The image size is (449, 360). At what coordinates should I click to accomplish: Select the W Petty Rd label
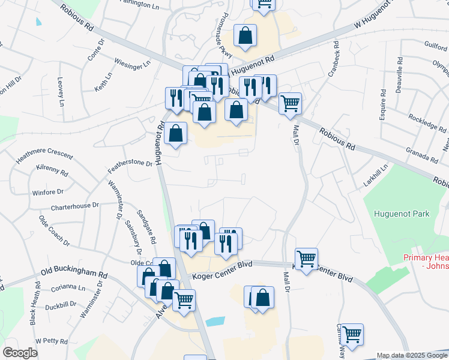click(x=51, y=341)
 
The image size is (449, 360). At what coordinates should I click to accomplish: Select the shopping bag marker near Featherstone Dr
click(x=175, y=134)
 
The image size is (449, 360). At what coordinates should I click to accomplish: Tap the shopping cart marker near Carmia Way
click(x=352, y=334)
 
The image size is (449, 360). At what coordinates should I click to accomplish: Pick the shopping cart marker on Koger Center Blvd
click(x=306, y=259)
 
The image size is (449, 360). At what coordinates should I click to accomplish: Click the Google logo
click(x=20, y=353)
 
